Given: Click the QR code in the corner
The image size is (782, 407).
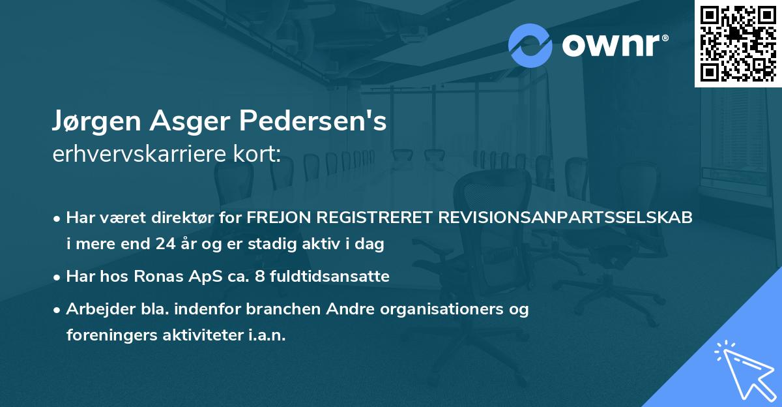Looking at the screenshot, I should [x=738, y=43].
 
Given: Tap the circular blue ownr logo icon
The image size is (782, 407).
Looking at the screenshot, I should [x=530, y=46].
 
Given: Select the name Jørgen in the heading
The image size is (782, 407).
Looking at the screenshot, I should [x=93, y=121].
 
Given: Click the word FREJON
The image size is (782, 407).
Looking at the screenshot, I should [x=278, y=218].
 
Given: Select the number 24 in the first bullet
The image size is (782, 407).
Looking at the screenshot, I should [x=166, y=245].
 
